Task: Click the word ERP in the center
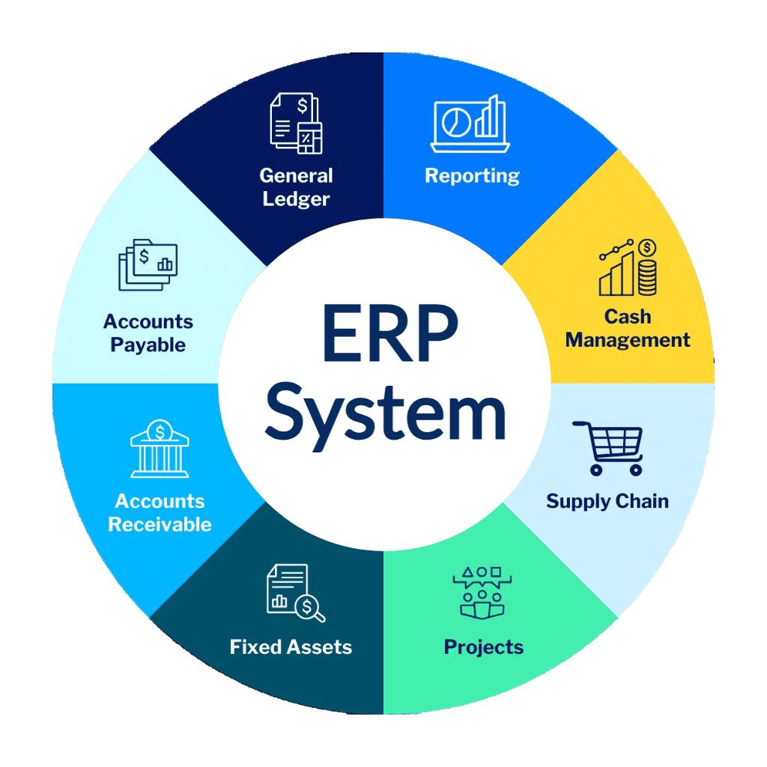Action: tap(389, 333)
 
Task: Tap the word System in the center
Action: tap(386, 416)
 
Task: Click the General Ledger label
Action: tap(296, 187)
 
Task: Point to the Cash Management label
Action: tap(628, 328)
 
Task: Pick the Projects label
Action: tap(483, 648)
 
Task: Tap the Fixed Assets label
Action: tap(291, 647)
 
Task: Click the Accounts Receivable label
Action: tap(160, 512)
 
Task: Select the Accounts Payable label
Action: tap(148, 333)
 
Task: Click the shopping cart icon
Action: tap(608, 448)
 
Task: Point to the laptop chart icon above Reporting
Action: tap(470, 124)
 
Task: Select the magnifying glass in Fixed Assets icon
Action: tap(310, 608)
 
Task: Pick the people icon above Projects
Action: tap(482, 593)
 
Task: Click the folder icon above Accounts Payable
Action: tap(148, 264)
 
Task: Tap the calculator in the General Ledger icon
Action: tap(310, 139)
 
